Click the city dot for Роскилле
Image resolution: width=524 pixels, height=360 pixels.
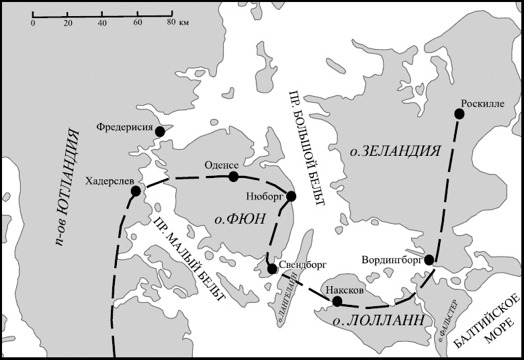460,114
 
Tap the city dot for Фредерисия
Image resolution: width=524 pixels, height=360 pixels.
160,132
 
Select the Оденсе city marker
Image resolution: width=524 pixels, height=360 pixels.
233,177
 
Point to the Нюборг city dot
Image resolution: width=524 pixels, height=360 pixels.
291,196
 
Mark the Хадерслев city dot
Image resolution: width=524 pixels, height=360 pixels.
136,191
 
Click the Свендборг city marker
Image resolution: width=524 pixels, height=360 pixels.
272,269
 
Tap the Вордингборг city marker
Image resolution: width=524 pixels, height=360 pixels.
429,259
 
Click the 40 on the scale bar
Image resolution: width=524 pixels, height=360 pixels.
102,23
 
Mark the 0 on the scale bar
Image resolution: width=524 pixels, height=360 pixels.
33,23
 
